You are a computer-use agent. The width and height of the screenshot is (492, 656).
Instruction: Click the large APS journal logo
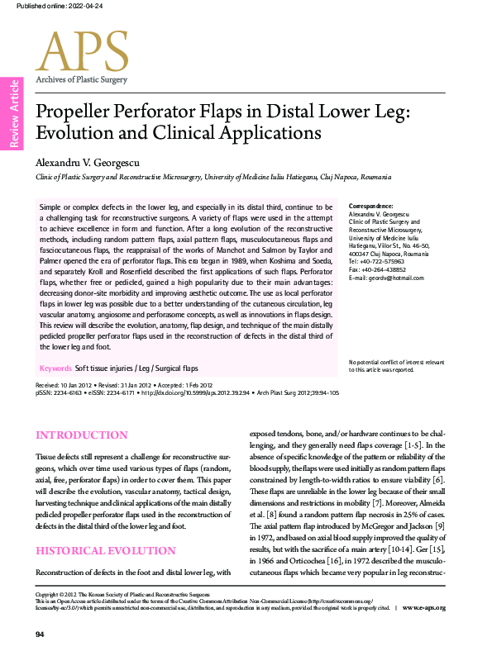(82, 51)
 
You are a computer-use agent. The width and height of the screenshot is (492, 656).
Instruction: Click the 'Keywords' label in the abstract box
(55, 368)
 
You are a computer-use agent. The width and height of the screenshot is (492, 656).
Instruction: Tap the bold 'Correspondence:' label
(371, 205)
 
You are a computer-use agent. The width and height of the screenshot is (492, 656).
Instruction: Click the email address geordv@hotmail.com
(386, 277)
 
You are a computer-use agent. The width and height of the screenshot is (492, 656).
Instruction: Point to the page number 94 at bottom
(39, 634)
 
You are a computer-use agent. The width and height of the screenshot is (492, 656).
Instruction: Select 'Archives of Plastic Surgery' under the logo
(81, 79)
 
